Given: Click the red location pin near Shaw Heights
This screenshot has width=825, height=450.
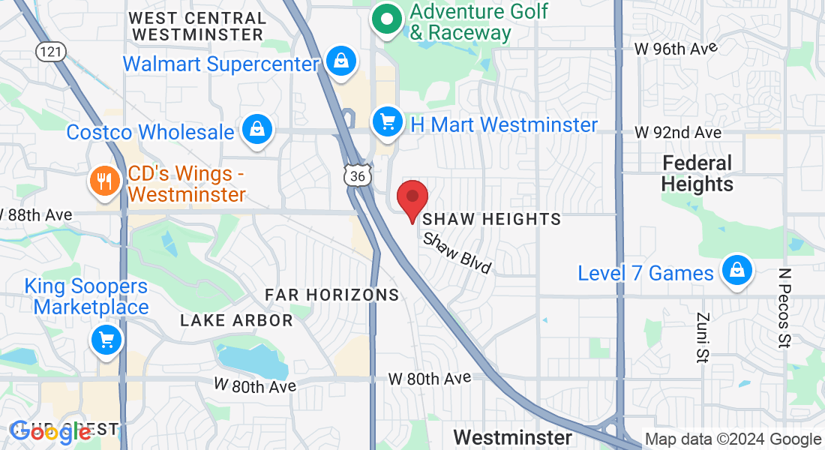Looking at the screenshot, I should point(412,198).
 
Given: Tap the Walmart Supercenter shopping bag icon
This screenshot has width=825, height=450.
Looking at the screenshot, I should point(341,61).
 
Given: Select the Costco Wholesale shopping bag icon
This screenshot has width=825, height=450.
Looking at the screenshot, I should point(257,129).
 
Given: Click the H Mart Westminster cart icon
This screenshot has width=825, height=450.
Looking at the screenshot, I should point(388,121).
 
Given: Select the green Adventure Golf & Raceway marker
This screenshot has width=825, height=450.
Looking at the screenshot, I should point(388,20).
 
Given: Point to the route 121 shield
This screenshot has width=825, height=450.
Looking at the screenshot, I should point(51,52).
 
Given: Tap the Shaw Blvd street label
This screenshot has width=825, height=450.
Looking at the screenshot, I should point(457,253).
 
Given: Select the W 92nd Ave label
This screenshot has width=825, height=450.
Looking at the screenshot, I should point(677,132).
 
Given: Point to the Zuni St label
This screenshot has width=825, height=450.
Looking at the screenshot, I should point(703,337).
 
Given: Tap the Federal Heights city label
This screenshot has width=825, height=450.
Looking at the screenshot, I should point(697,173).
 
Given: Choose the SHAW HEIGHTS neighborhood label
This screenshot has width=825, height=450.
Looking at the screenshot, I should point(492,219).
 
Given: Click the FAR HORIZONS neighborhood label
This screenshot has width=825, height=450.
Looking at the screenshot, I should point(332,295).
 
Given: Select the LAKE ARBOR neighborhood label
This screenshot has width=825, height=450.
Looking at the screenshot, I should point(236,320).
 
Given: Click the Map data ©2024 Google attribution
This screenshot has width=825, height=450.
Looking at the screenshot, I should point(733,439).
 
